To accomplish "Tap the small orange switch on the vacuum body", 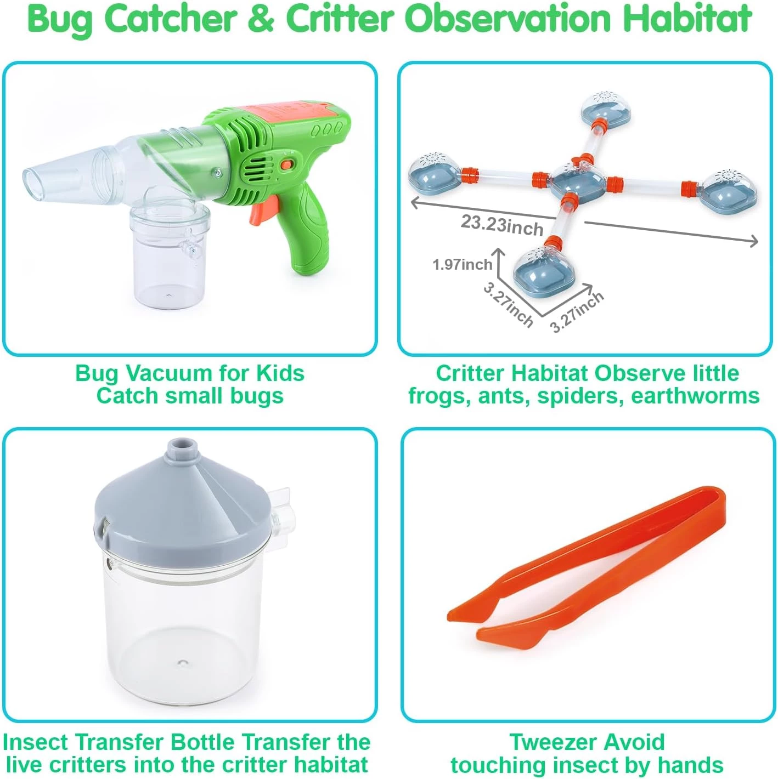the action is tap(286, 164).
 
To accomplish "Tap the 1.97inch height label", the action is tap(462, 264).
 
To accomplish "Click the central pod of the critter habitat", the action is tap(576, 183).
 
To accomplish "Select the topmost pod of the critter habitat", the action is tap(606, 111).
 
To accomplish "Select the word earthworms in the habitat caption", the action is tap(695, 396).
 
